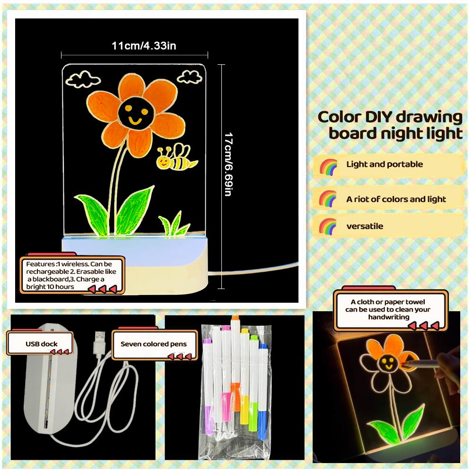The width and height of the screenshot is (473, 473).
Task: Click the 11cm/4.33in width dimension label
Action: pos(144,46)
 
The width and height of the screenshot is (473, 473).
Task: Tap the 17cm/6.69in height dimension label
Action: pos(228,164)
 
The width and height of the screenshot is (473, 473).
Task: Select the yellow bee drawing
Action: pos(176,157)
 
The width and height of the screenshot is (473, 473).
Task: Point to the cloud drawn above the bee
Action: pos(190,77)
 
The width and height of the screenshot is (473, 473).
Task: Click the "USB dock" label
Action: pos(41,344)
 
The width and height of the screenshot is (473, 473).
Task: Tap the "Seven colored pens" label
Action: pos(154,344)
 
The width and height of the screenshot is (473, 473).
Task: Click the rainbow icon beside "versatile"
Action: pos(328,226)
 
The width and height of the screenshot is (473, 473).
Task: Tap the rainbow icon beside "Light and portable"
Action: pos(328,167)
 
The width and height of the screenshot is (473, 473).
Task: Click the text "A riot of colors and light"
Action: pos(396,199)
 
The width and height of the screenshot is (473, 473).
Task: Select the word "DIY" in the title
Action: pos(378,117)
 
